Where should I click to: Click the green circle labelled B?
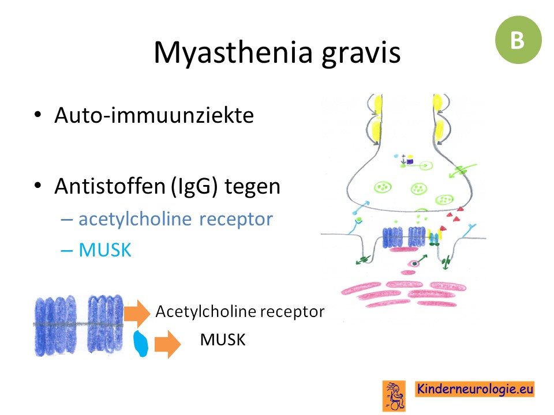518,40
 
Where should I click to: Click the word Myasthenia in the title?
233,52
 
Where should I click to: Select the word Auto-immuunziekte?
154,115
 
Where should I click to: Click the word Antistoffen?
110,186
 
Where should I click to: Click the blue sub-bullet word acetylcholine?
135,219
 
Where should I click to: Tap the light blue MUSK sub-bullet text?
104,250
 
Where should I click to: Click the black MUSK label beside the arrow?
223,340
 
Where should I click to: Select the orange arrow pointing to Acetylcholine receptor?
137,312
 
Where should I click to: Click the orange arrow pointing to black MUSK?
168,344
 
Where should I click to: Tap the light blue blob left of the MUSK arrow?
141,344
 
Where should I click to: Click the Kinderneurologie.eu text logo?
475,389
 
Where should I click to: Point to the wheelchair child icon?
394,396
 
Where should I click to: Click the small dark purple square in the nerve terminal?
410,161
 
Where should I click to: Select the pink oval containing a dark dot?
413,263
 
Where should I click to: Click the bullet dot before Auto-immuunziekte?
38,115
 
